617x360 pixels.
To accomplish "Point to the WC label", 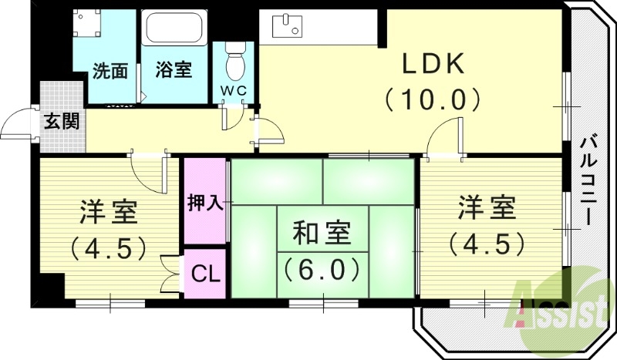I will [234, 90].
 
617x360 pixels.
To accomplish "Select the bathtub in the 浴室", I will [174, 29].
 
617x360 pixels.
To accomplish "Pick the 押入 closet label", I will [205, 203].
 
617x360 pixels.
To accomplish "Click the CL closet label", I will [205, 273].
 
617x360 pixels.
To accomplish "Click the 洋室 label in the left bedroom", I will [108, 212].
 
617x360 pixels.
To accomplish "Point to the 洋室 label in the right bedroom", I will [487, 208].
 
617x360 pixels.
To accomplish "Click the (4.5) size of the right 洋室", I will [487, 244].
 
